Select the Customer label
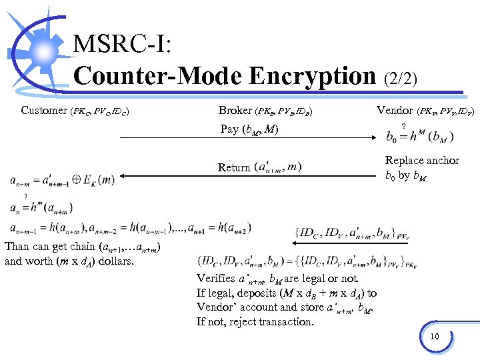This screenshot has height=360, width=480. tap(44, 110)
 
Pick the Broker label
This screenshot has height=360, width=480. tap(235, 110)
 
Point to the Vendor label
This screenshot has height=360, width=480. tap(395, 110)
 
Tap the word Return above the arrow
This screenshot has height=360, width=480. tap(234, 167)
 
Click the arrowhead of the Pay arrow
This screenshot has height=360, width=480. tap(375, 138)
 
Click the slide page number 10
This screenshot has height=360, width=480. tap(434, 336)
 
